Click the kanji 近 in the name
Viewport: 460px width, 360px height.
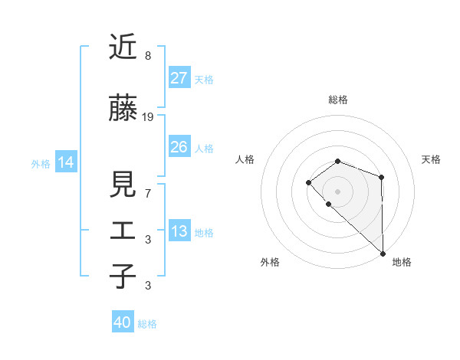(x=123, y=47)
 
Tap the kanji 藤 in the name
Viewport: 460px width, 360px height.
(x=123, y=109)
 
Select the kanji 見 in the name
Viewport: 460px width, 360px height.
(x=123, y=184)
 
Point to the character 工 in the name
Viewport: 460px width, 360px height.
(x=123, y=231)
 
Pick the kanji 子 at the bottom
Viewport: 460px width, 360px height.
(x=123, y=277)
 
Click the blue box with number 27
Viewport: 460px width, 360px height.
(x=179, y=78)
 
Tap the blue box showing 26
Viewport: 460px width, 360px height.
(x=179, y=147)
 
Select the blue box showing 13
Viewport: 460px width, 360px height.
(x=179, y=231)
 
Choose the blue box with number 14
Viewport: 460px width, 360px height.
(x=65, y=162)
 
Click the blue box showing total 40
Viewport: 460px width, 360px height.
(x=123, y=322)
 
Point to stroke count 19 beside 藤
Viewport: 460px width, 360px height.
(x=148, y=117)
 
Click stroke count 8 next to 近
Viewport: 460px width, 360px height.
(x=148, y=56)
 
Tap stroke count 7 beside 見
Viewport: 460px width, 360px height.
(x=148, y=193)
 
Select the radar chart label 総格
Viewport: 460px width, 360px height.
(x=338, y=100)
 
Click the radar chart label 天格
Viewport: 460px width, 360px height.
(x=431, y=159)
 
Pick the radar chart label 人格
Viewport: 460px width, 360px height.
(x=245, y=159)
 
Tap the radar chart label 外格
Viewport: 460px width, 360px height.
(x=270, y=262)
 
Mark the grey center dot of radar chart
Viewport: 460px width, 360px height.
(x=337, y=191)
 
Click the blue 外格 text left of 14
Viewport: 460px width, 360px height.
(x=41, y=163)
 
